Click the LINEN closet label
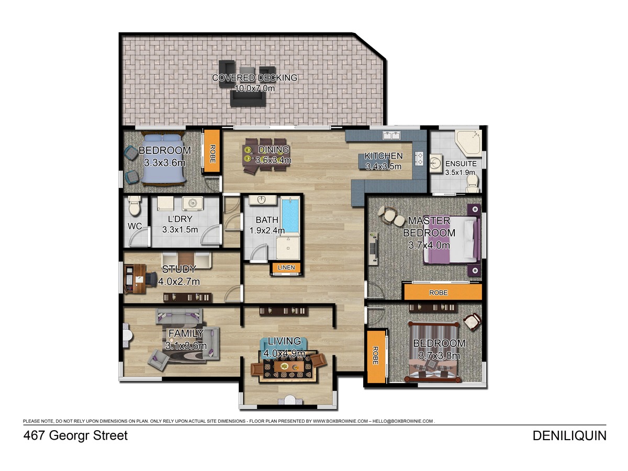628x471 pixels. [x=286, y=267]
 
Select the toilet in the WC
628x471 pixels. [x=133, y=205]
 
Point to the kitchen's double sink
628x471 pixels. [x=391, y=135]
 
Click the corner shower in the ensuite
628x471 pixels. [x=468, y=143]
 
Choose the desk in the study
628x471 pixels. [x=136, y=278]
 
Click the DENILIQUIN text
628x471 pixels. [x=569, y=436]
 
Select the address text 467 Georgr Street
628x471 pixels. [x=75, y=435]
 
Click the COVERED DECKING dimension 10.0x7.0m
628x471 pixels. [x=254, y=88]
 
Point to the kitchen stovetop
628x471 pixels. [x=419, y=159]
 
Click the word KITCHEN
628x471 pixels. [x=384, y=156]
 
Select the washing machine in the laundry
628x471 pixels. [x=193, y=204]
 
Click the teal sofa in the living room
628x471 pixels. [x=284, y=345]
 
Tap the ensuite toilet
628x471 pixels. [x=472, y=183]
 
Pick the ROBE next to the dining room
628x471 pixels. [x=212, y=152]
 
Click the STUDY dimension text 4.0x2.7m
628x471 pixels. [x=179, y=282]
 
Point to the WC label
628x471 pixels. [x=134, y=226]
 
